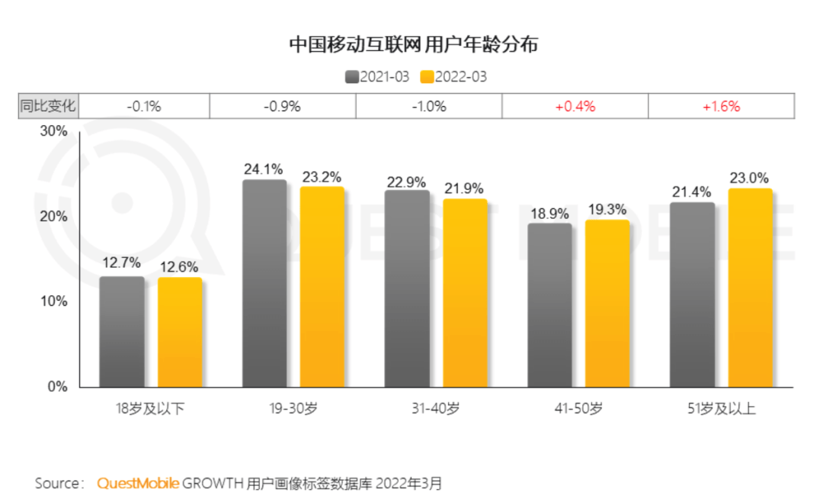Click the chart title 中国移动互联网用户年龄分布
point(413,45)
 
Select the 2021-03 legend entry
point(378,77)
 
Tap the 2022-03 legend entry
point(454,77)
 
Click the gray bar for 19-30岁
point(265,283)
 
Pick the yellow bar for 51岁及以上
point(751,288)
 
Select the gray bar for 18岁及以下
point(122,331)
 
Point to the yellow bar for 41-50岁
point(607,303)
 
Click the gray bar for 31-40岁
point(408,288)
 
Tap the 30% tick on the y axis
point(54,131)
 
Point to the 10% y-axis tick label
point(54,301)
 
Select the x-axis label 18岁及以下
point(149,408)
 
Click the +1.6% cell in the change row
point(721,107)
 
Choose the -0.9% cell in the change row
point(282,107)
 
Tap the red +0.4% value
point(575,107)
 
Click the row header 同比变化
point(48,107)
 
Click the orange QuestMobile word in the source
point(138,483)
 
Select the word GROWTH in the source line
point(213,483)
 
